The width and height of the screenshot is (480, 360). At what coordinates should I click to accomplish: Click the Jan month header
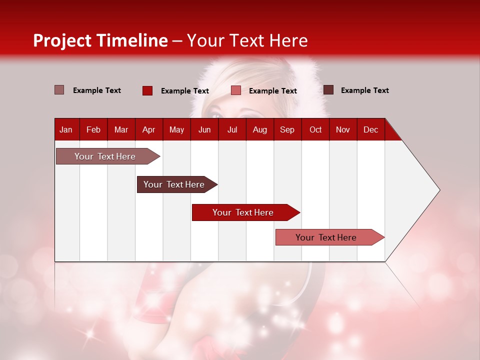coord(66,129)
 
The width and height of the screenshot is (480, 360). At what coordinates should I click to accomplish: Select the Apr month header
coord(148,129)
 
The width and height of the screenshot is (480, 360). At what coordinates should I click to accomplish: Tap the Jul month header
coord(232,129)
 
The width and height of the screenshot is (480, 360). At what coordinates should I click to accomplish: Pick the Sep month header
coord(287,129)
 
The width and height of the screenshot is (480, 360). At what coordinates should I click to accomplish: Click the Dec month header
coord(370,129)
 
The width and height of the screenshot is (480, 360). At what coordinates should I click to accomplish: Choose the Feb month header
coord(93,129)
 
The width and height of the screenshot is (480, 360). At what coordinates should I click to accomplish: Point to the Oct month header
coord(315,129)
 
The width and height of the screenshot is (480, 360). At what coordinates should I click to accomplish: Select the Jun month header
coord(204,129)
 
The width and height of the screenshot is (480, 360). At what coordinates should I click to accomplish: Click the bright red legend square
coord(147,90)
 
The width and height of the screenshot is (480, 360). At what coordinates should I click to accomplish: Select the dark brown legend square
coord(328,90)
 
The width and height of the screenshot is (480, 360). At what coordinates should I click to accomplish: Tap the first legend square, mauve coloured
coord(59,90)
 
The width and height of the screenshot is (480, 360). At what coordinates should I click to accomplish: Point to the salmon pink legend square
coord(236,90)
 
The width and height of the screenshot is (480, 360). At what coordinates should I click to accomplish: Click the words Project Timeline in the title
coord(100,40)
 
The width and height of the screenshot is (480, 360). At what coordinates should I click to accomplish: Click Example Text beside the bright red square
coord(184,91)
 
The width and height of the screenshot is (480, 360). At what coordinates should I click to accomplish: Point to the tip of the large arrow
coord(438,190)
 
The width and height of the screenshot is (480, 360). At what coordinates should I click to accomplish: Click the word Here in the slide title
coord(288,40)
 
